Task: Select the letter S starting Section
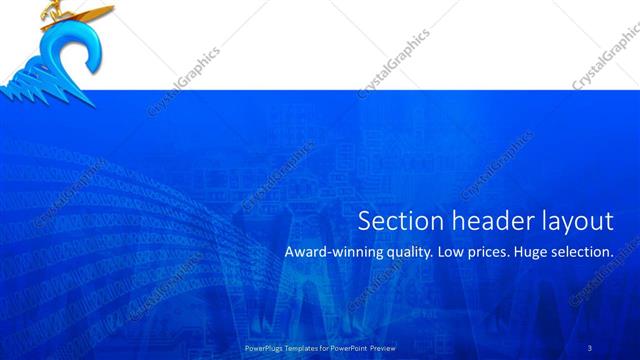pyautogui.click(x=365, y=221)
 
